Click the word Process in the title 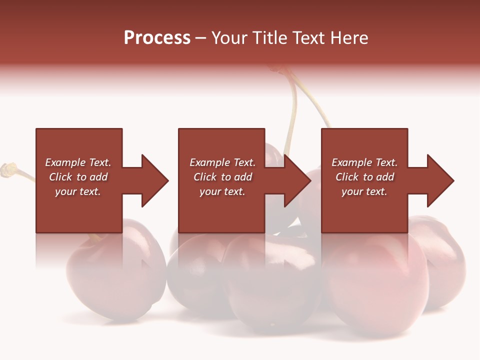pos(157,37)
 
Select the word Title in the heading pos(271,37)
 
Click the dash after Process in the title pos(201,38)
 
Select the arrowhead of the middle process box pos(297,180)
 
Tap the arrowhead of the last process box pos(440,180)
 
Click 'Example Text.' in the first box pos(78,162)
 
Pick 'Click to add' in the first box pos(78,177)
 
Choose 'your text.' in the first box pos(78,191)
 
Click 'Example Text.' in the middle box pos(222,162)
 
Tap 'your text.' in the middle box pos(222,191)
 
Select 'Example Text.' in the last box pos(364,162)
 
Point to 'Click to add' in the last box pos(364,177)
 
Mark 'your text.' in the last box pos(364,191)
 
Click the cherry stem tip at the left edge pos(8,169)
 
